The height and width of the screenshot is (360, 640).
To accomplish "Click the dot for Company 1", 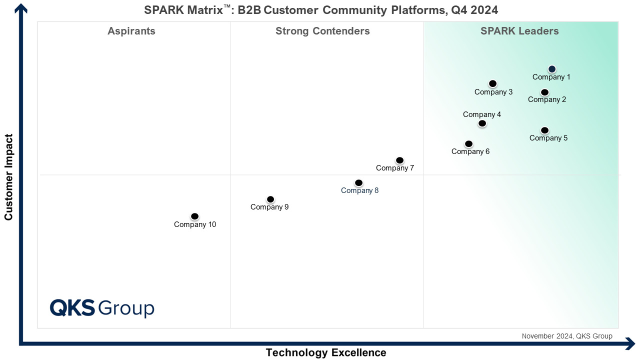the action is [x=551, y=69].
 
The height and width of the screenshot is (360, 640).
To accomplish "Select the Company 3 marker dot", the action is [x=492, y=83].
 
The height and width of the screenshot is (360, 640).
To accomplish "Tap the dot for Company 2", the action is [x=544, y=92].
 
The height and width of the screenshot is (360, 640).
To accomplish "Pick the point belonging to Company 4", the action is [x=482, y=123].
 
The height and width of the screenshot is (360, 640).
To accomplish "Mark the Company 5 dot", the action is [x=544, y=130].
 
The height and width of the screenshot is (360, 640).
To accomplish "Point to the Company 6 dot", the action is [x=468, y=143].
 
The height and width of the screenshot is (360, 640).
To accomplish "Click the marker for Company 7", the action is [x=399, y=160].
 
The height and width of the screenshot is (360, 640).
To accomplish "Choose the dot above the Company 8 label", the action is [x=358, y=183].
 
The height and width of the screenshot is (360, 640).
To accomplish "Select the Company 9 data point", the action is [x=270, y=199].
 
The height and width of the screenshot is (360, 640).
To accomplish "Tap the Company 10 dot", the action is [x=194, y=216].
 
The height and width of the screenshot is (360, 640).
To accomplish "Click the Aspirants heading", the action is [x=131, y=31].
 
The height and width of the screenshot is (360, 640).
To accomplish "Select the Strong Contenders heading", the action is [x=322, y=31].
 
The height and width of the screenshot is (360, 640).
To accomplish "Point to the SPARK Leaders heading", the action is [x=519, y=31].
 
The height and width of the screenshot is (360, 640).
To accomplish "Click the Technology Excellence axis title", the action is [x=326, y=352].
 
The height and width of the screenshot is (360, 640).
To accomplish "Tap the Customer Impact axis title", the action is [x=8, y=177].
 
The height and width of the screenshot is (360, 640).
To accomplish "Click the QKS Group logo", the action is [x=102, y=308].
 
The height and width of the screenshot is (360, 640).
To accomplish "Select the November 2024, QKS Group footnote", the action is [x=567, y=336].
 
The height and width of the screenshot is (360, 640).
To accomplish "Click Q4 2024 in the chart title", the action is [x=474, y=10].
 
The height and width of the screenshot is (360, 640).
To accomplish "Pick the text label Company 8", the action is [x=359, y=190].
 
